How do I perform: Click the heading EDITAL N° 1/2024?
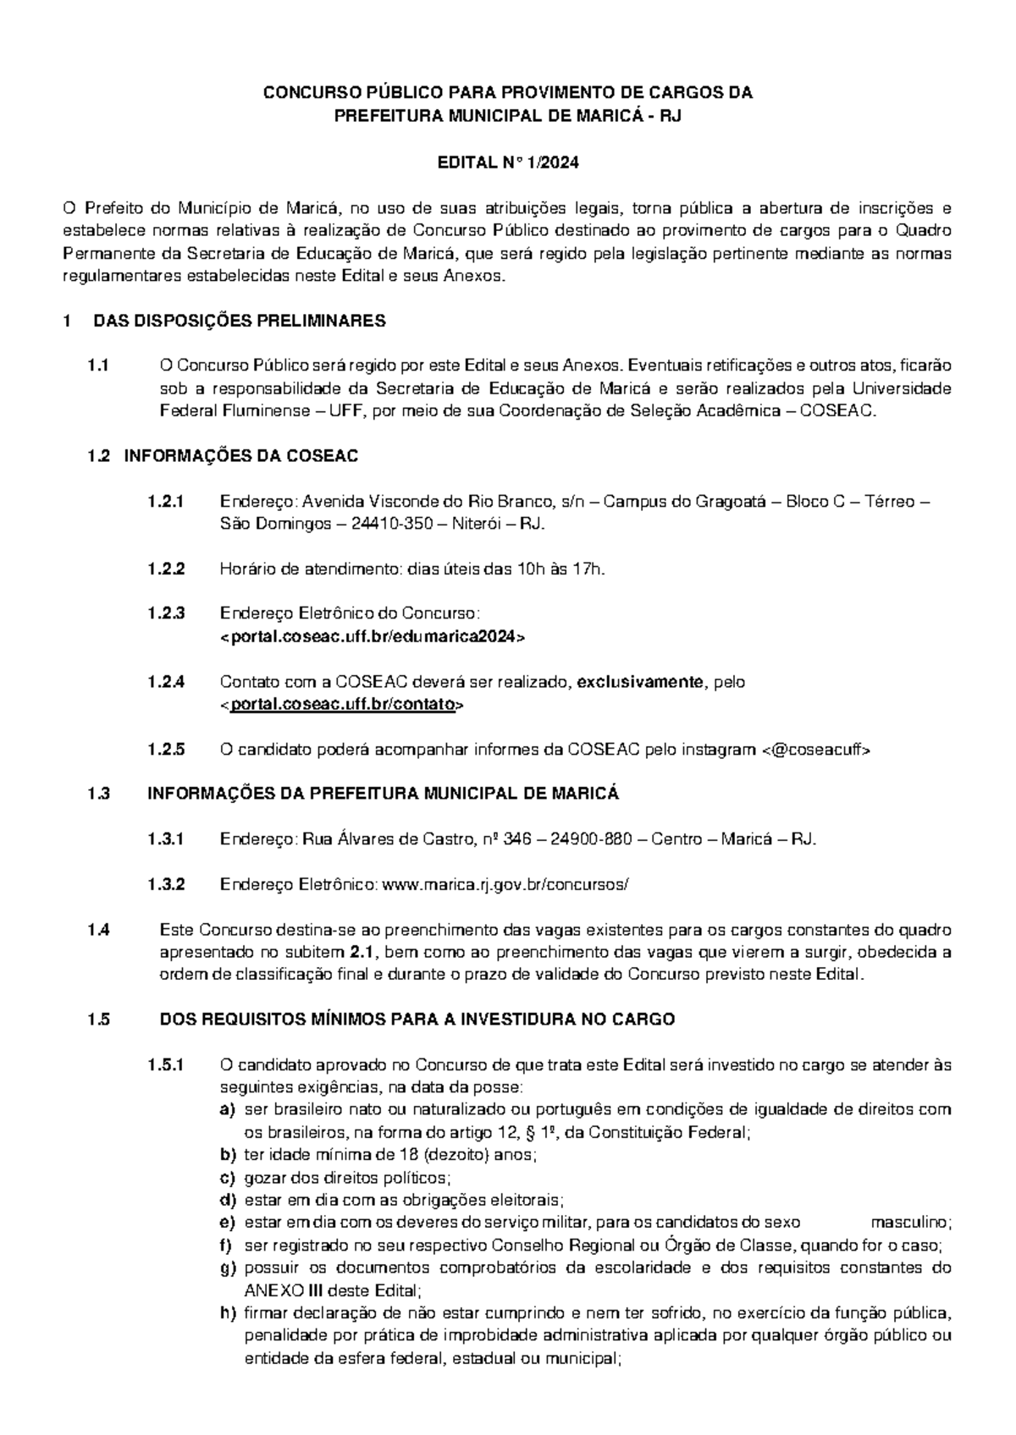point(507,162)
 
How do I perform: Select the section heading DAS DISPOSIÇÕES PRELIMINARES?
point(239,321)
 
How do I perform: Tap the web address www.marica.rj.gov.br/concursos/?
point(506,884)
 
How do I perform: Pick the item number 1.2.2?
point(165,569)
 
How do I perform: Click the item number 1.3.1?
point(165,839)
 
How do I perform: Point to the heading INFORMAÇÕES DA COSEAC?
point(241,456)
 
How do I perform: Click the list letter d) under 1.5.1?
point(227,1200)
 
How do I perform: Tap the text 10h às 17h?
point(560,569)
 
